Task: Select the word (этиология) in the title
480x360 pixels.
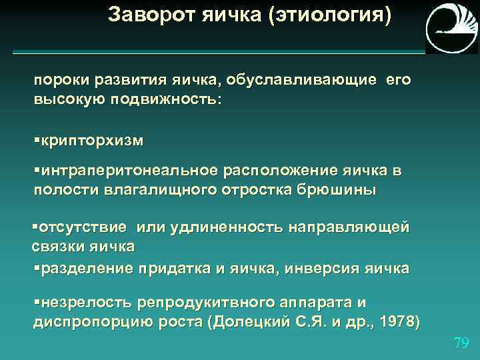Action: pos(330,15)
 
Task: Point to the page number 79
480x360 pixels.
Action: pos(461,343)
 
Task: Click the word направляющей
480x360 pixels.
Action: pos(349,227)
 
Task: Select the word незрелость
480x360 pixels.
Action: pos(87,303)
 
